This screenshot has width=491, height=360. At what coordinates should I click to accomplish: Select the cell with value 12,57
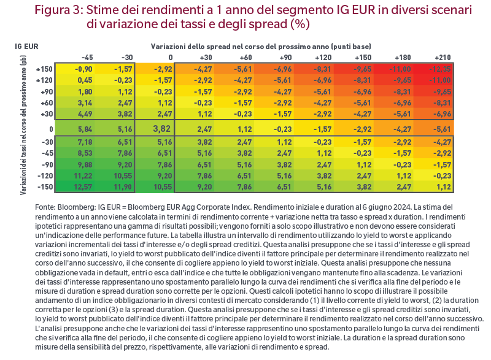(x=83, y=187)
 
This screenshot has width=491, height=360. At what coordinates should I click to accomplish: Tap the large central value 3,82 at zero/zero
(x=161, y=129)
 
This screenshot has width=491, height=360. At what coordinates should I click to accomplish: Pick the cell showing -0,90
(x=83, y=69)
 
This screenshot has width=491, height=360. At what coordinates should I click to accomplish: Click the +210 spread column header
(x=443, y=58)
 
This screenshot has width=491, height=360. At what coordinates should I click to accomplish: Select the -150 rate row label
(x=45, y=187)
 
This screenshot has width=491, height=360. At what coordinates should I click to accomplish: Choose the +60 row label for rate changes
(x=47, y=103)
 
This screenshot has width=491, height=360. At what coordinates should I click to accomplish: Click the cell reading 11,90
(x=123, y=187)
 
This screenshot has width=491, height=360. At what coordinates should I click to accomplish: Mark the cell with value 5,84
(x=85, y=129)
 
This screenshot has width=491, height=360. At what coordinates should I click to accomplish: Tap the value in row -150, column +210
(x=444, y=187)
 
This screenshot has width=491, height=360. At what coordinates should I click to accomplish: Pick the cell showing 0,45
(x=85, y=80)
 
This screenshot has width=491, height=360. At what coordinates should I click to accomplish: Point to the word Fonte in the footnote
(x=45, y=207)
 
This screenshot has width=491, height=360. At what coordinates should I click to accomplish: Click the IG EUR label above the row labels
(x=26, y=47)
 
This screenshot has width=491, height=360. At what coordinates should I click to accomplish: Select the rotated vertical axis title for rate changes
(x=23, y=125)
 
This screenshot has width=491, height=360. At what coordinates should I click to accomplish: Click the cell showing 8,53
(x=85, y=153)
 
